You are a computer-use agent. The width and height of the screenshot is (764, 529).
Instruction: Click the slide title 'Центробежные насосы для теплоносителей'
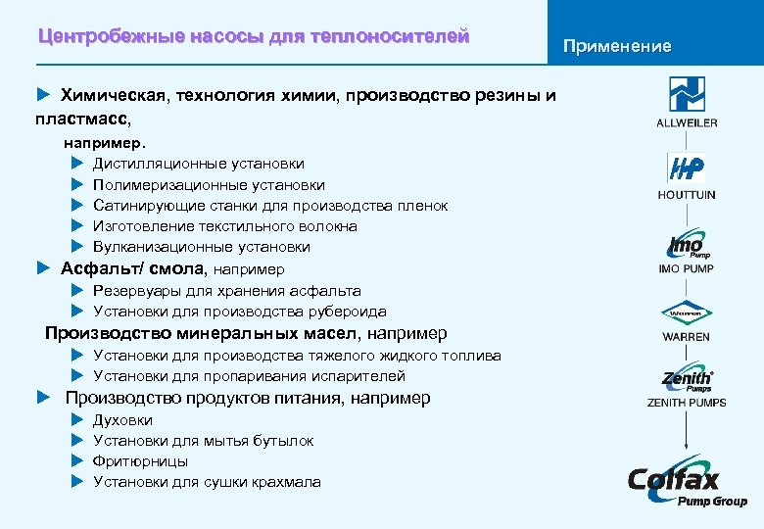[254, 37]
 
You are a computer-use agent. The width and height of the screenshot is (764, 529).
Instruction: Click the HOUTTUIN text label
[687, 195]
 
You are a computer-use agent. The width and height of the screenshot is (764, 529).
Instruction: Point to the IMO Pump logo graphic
[686, 245]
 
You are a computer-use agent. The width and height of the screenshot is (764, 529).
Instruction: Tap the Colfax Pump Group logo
[687, 484]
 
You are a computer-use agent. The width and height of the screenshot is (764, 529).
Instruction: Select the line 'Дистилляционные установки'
[198, 164]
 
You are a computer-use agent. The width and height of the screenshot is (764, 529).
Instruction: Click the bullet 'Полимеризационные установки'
[209, 185]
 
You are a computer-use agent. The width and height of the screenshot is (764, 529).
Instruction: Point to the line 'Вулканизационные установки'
[201, 247]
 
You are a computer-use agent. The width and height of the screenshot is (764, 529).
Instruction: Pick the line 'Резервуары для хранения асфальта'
[226, 291]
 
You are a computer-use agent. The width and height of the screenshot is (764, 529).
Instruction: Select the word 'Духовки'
[122, 420]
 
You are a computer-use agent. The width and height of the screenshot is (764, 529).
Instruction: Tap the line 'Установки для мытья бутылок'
[203, 441]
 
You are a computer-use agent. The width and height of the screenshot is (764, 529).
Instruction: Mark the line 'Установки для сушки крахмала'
[207, 482]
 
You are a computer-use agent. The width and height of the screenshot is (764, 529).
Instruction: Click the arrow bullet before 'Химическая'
[42, 95]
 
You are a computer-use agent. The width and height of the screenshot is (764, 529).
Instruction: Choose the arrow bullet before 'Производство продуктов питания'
[42, 398]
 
